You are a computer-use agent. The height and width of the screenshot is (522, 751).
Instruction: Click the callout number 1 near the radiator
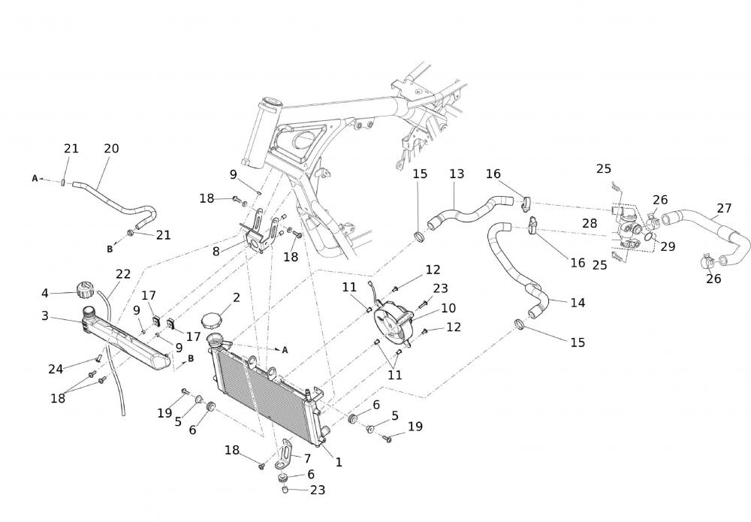(x=339, y=463)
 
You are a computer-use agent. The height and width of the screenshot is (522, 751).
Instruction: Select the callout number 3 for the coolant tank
(x=45, y=316)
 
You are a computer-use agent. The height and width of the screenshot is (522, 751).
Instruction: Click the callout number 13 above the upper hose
(x=457, y=174)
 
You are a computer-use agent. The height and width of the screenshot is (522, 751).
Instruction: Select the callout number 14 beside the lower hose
(x=578, y=303)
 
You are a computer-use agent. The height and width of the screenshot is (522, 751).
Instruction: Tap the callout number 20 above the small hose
(x=111, y=149)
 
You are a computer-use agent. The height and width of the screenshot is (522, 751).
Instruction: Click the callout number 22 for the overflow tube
(x=123, y=274)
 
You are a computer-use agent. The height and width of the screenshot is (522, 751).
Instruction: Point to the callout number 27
(x=724, y=208)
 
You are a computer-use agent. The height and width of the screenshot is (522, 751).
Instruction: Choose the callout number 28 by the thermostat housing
(x=590, y=224)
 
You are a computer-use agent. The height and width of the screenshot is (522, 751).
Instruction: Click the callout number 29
(x=668, y=247)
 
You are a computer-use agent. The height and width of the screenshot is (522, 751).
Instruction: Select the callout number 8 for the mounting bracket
(x=216, y=252)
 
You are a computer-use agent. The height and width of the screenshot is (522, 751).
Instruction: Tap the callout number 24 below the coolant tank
(x=56, y=369)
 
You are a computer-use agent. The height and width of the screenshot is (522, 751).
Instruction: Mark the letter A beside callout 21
(x=35, y=179)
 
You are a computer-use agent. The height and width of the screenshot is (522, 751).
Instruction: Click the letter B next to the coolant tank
(x=191, y=358)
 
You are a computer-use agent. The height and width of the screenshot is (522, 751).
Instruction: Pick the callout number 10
(x=448, y=308)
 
